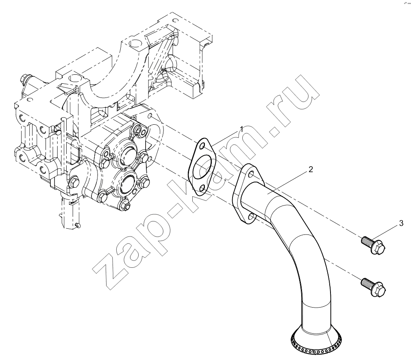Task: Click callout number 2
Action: click(311, 169)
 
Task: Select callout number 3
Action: click(401, 223)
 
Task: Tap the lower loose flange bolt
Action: click(374, 287)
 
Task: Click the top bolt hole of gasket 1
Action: click(202, 146)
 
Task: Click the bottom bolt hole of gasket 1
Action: click(202, 188)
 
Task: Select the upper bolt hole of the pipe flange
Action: click(252, 174)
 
